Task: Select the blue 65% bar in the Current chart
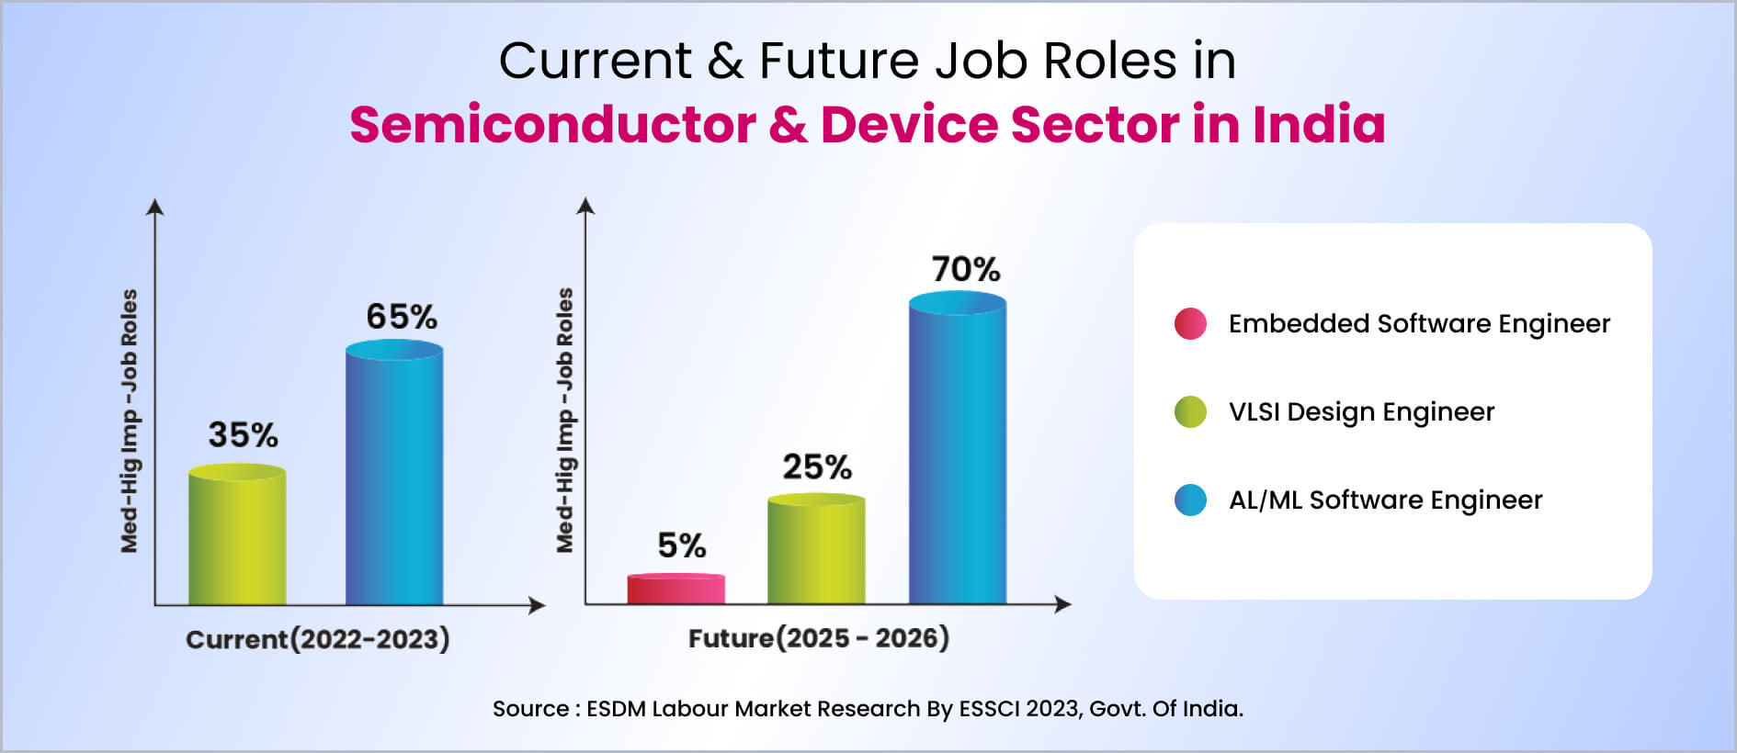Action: [x=394, y=472]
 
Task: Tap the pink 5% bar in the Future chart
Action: [x=676, y=589]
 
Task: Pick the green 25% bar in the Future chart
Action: [x=816, y=549]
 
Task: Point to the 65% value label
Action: [x=402, y=317]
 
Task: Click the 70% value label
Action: [x=966, y=269]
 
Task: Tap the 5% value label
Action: [x=682, y=545]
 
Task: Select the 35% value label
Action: [x=243, y=434]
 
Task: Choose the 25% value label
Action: [x=817, y=466]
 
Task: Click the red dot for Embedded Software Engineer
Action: [x=1190, y=324]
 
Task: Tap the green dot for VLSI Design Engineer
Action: [x=1190, y=412]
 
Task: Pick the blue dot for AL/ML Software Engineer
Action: [x=1190, y=500]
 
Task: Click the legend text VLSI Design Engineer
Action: [x=1361, y=412]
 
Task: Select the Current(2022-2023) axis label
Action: [x=318, y=639]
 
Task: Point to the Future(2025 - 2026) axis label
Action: [x=819, y=638]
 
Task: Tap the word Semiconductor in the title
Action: [x=553, y=125]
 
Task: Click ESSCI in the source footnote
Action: [x=989, y=709]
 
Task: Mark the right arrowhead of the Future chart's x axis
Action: [x=1064, y=604]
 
